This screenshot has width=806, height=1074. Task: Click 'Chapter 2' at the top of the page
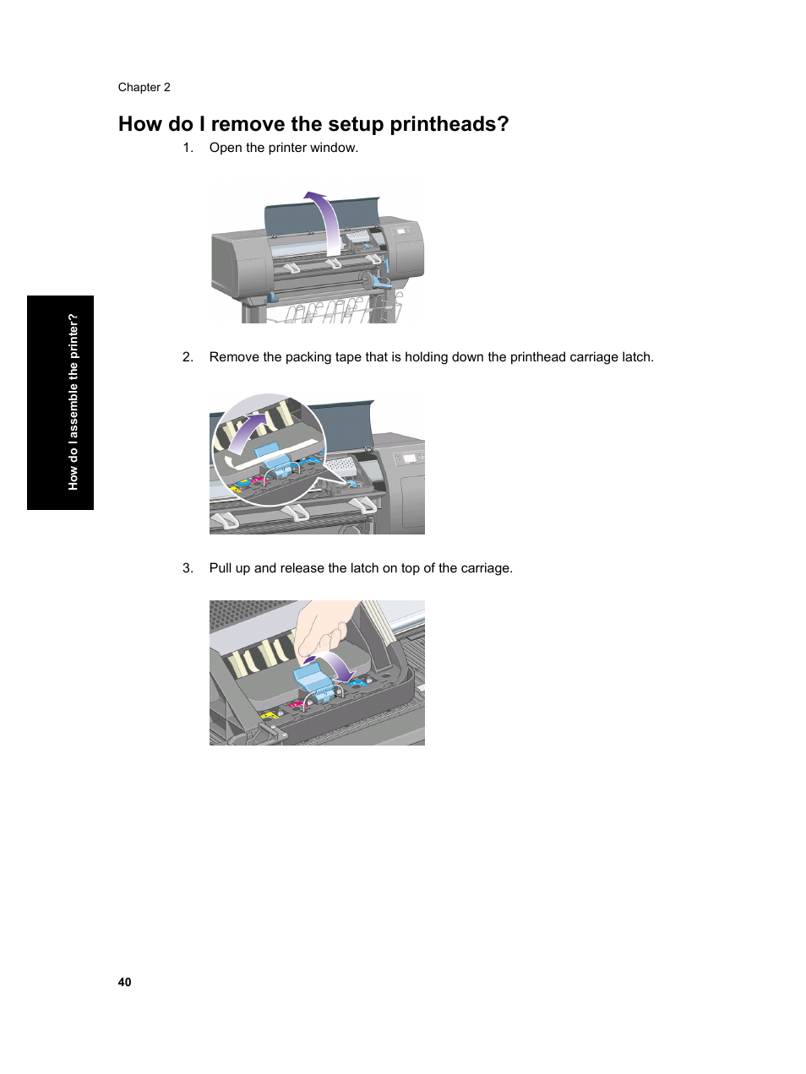point(144,87)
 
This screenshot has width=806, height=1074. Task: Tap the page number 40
point(124,982)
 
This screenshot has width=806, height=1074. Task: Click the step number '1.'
point(188,148)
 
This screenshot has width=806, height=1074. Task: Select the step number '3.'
point(188,568)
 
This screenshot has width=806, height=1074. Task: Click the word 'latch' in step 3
point(364,568)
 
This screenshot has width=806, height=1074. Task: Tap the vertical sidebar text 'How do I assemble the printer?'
point(73,402)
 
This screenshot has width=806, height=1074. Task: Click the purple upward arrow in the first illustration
point(326,220)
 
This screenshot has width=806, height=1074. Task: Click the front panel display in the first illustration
point(400,231)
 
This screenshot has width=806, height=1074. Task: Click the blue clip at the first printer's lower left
point(272,296)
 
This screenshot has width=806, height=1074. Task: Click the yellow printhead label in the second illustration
point(236,488)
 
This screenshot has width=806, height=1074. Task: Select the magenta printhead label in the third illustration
point(297,705)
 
